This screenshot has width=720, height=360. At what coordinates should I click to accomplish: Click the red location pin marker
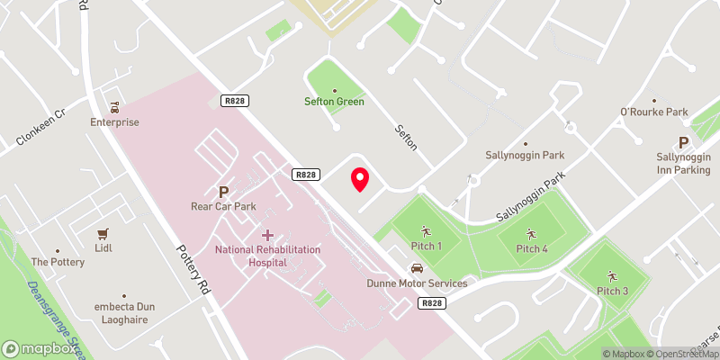[x=360, y=179]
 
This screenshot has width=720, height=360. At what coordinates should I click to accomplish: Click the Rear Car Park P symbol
[x=223, y=191]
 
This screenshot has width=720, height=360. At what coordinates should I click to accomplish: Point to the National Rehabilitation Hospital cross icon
[x=267, y=234]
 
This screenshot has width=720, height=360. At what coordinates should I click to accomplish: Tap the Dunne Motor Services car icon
[x=417, y=268]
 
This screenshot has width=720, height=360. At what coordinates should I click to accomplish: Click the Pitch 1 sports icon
[x=426, y=230]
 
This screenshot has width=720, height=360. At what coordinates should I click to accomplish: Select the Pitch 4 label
[x=531, y=248]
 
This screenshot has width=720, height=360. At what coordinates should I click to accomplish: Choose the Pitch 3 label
[x=612, y=290]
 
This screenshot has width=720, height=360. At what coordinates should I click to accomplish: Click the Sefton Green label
[x=334, y=102]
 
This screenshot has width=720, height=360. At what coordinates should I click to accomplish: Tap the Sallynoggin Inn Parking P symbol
[x=683, y=142]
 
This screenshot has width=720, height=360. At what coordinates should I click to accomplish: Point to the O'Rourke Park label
[x=653, y=112]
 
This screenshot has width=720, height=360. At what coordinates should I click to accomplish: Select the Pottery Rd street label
[x=193, y=270]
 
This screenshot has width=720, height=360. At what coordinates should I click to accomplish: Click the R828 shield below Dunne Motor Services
[x=430, y=304]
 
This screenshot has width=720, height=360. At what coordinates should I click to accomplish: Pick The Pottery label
[x=58, y=262]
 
